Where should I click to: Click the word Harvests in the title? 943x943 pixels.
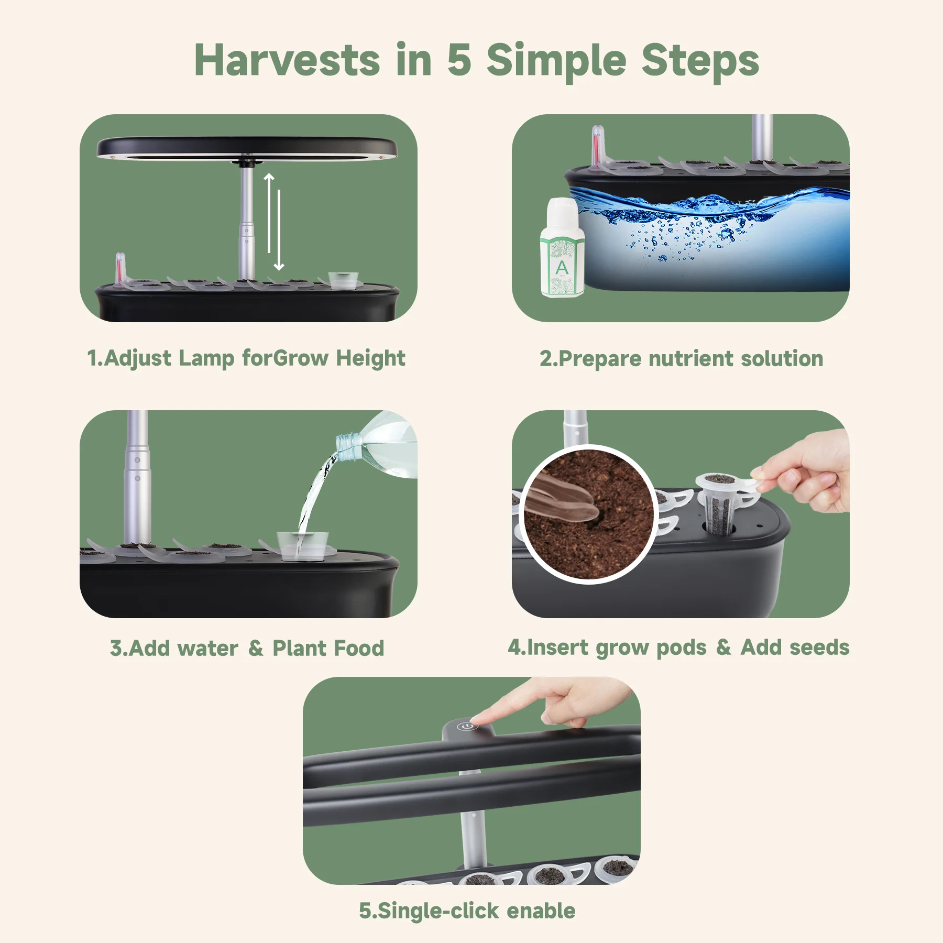click(287, 60)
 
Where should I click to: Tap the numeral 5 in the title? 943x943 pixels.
click(459, 60)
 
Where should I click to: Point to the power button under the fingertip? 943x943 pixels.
click(465, 726)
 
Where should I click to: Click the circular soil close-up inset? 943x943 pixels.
click(588, 513)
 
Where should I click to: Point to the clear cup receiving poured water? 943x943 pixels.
click(302, 546)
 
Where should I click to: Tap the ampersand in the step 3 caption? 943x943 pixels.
click(256, 648)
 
